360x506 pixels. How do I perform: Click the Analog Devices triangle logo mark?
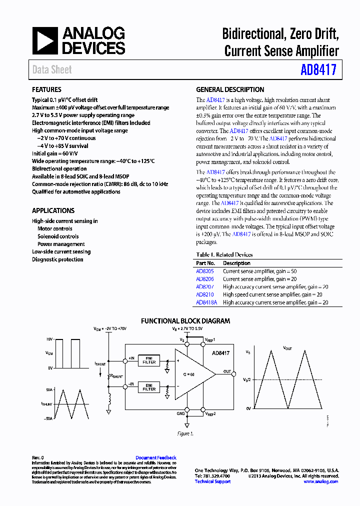click(45, 40)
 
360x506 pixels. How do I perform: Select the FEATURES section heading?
click(47, 90)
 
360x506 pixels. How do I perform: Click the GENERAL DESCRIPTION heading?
click(230, 90)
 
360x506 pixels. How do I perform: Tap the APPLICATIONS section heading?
click(53, 211)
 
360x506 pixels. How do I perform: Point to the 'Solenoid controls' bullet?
click(58, 236)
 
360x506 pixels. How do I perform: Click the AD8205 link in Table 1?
click(204, 271)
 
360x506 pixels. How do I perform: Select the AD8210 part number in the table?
click(204, 295)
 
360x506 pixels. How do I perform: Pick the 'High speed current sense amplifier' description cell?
click(275, 295)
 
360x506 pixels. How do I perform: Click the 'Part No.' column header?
click(205, 263)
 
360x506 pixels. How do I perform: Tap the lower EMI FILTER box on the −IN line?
click(149, 386)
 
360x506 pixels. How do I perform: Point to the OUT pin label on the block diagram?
click(227, 371)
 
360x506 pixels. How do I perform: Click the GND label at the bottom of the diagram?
click(180, 414)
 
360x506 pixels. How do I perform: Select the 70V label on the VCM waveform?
click(49, 339)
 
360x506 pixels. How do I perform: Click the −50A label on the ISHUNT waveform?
click(48, 418)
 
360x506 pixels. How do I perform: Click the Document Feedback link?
click(156, 457)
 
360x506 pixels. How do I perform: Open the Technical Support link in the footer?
click(212, 481)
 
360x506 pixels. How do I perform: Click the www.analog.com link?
click(320, 481)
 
